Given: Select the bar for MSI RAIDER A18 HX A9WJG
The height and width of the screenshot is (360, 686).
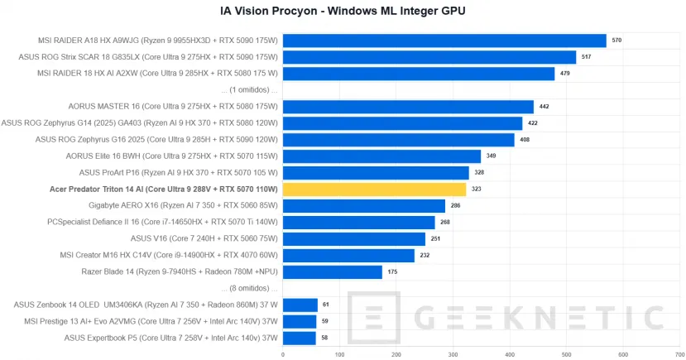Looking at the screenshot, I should click(x=444, y=41).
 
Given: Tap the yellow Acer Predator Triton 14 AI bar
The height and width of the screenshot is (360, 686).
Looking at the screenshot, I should click(x=374, y=190).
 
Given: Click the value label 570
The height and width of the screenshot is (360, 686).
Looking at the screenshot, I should click(x=616, y=41).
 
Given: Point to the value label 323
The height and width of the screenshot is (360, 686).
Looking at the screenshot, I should click(x=477, y=190).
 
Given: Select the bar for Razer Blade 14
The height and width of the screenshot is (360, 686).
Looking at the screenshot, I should click(x=333, y=271).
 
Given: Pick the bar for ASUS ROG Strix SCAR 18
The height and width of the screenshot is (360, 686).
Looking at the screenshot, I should click(x=429, y=57).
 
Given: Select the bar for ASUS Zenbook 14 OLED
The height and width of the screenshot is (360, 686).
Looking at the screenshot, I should click(x=300, y=305).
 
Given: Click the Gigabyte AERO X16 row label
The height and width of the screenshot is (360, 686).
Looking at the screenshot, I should click(x=183, y=205).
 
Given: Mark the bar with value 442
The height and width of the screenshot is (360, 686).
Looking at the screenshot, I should click(x=408, y=106).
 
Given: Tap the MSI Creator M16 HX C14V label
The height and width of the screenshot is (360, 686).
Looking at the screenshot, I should click(x=169, y=255).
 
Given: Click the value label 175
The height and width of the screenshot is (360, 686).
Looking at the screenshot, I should click(x=392, y=271).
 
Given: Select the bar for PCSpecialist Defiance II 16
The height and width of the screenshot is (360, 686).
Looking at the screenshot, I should click(x=359, y=222).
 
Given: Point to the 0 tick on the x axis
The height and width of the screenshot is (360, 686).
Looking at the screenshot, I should click(x=283, y=354).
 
